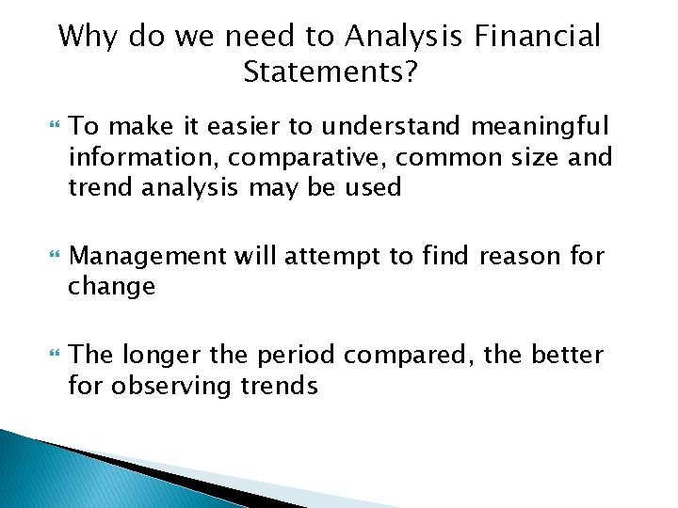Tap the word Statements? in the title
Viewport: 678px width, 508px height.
[329, 72]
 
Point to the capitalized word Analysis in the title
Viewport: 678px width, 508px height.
[402, 37]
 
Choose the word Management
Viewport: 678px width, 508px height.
[149, 255]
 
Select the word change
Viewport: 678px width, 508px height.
[111, 286]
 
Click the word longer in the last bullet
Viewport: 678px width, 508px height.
[155, 355]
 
